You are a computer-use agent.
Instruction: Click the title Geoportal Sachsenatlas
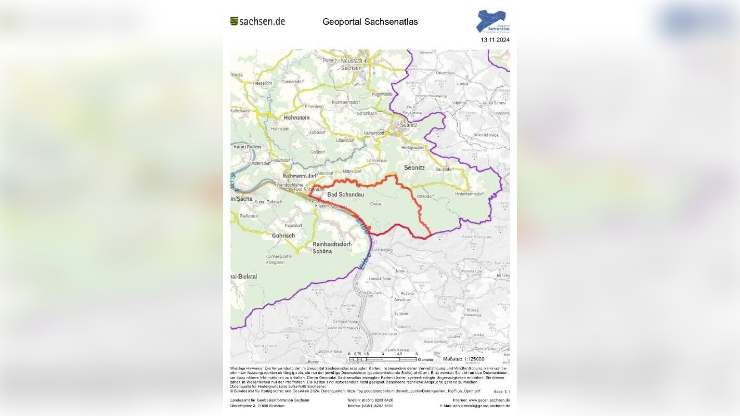point(370,22)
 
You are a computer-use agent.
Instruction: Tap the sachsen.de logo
point(257,21)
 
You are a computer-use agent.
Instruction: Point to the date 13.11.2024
point(495,40)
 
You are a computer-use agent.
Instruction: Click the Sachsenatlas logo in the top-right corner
point(492,21)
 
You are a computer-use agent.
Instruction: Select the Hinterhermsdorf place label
point(469,194)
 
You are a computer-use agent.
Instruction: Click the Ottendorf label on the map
point(425,197)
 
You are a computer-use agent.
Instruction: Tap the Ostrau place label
point(376,204)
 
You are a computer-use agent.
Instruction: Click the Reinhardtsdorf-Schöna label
point(332,248)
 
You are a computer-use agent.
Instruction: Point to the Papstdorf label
point(293,226)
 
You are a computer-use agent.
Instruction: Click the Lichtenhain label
point(377,161)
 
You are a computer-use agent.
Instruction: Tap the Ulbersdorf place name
point(345,140)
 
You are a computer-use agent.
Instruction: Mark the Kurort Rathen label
point(247,147)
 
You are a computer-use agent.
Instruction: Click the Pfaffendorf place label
point(249,215)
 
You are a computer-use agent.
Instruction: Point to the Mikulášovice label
point(486,135)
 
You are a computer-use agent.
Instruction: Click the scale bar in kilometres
point(383,359)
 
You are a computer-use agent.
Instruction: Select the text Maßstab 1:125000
point(463,359)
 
